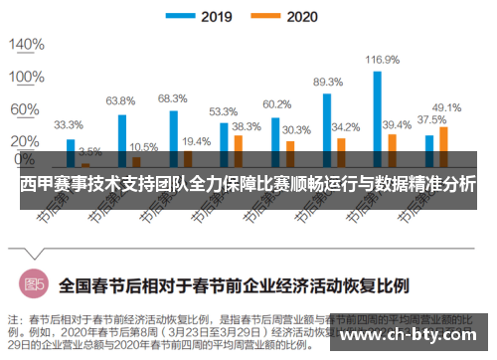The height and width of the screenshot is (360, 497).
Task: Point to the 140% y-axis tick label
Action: click(27, 45)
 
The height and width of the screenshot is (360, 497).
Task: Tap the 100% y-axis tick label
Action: click(27, 77)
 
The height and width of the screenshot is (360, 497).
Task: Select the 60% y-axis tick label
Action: click(27, 107)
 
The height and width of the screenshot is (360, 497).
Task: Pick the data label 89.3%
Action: click(328, 82)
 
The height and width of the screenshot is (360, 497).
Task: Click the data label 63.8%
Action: click(120, 100)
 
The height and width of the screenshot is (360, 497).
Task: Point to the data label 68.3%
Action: click(173, 97)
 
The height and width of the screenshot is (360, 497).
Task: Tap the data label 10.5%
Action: click(143, 147)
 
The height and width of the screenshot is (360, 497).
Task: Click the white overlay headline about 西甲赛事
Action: click(248, 184)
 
